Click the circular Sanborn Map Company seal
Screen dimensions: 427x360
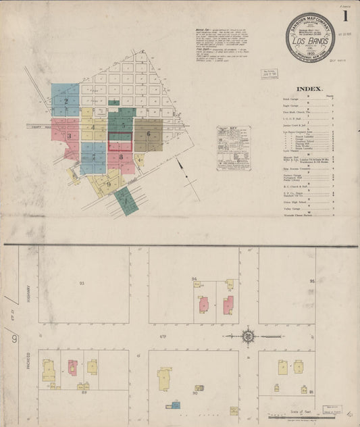click(310, 41)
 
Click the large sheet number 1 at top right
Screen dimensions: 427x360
click(346, 15)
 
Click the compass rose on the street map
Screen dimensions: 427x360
click(249, 336)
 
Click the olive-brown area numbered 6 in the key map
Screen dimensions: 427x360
click(148, 134)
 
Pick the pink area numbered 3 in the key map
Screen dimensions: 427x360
click(68, 136)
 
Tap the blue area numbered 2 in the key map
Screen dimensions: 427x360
click(66, 101)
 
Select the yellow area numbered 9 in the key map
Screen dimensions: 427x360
click(108, 183)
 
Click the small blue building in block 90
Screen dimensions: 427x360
click(176, 405)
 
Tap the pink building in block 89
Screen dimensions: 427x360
click(72, 367)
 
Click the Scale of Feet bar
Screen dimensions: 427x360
click(297, 413)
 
